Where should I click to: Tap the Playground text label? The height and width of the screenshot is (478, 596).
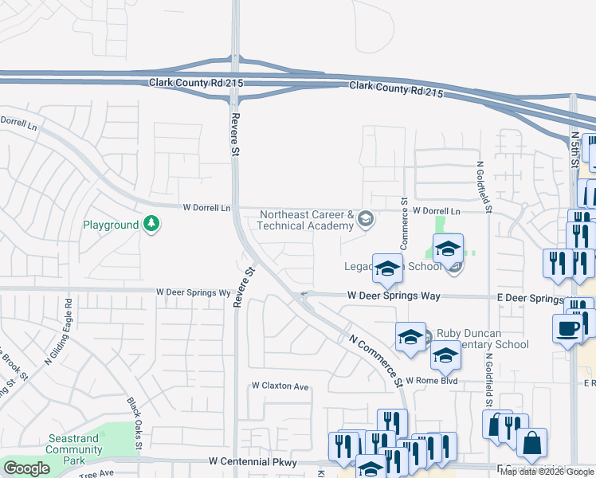tap(111, 225)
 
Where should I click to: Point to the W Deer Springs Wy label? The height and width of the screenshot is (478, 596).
tap(193, 293)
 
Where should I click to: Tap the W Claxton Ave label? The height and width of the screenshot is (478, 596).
tap(280, 386)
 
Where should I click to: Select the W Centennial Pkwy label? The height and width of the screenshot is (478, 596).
tap(253, 462)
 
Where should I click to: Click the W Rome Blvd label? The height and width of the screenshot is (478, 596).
tap(432, 381)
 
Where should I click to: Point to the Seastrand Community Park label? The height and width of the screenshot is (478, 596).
tap(74, 455)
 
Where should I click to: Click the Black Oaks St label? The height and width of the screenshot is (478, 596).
tap(132, 423)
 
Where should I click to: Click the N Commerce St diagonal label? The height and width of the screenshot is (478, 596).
tap(373, 359)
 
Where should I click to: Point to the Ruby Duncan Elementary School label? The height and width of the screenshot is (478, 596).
tap(480, 339)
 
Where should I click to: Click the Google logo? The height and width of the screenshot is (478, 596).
tap(27, 468)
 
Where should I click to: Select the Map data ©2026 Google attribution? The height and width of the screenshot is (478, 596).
tap(547, 472)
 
